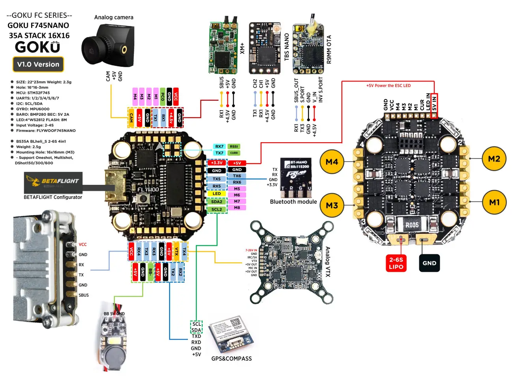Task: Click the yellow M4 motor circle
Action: click(332, 162)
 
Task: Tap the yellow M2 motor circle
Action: click(494, 159)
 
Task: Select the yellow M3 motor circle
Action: click(332, 205)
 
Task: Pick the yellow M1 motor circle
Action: click(494, 203)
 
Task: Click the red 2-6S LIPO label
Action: click(396, 263)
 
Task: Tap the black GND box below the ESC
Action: click(429, 263)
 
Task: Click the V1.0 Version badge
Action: click(38, 64)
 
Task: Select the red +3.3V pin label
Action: click(217, 163)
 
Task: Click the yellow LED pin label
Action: click(217, 194)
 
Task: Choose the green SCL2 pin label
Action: click(217, 209)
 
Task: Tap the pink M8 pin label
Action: click(237, 207)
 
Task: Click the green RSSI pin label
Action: click(234, 147)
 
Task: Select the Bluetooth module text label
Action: click(293, 202)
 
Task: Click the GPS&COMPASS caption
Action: click(231, 359)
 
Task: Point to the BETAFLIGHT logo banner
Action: click(53, 182)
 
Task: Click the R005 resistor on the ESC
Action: click(412, 225)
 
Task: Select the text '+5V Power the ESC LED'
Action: click(388, 86)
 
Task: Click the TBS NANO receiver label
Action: click(287, 47)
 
